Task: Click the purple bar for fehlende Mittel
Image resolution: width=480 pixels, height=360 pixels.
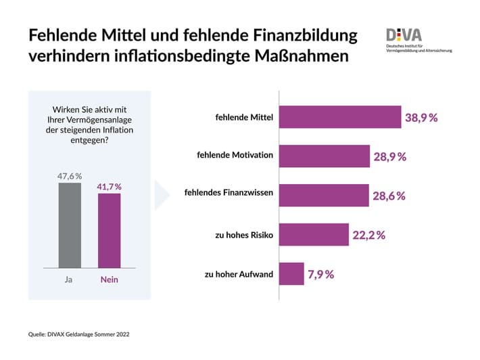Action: [340, 117]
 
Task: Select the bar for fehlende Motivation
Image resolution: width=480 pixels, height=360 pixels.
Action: [325, 156]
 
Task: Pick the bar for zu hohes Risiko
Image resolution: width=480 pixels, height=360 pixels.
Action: [314, 234]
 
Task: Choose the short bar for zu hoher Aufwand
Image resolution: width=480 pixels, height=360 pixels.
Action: [291, 273]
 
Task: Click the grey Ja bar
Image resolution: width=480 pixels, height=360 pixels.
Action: [70, 226]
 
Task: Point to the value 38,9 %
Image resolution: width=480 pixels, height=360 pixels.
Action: [421, 118]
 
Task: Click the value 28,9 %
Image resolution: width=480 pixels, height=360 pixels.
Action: [390, 157]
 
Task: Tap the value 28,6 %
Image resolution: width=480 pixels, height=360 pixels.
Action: [389, 196]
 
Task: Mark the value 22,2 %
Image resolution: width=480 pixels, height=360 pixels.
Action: [368, 235]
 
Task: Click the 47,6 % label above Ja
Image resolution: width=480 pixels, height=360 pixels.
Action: [70, 176]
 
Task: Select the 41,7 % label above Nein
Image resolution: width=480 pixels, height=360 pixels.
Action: [109, 186]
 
